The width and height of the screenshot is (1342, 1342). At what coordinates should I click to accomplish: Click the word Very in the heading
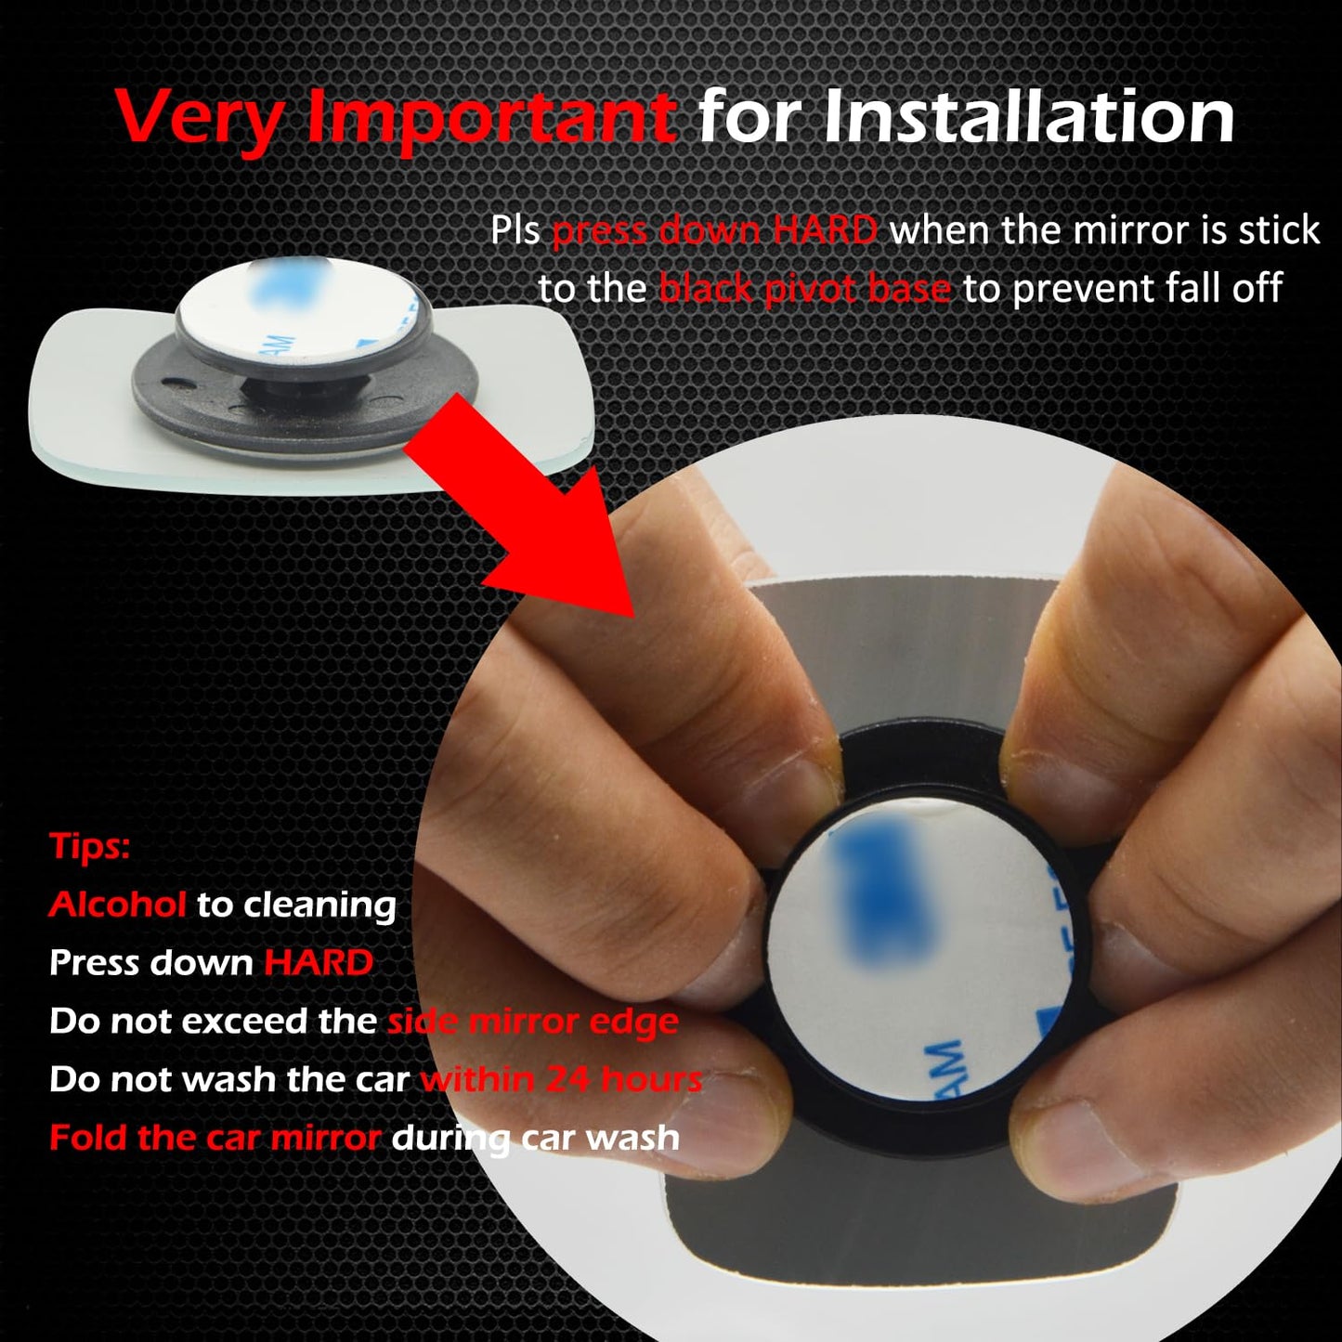point(201,118)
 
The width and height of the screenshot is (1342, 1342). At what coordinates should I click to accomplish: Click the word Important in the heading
point(490,118)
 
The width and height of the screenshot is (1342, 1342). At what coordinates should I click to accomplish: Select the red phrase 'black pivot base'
point(804,289)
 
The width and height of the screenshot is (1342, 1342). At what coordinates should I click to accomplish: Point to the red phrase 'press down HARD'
point(714,230)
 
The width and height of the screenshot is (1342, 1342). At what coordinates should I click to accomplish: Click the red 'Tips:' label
point(89,846)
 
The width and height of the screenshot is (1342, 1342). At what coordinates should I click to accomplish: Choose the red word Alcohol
point(117,905)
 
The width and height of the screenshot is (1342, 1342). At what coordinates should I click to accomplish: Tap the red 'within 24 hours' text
point(561,1079)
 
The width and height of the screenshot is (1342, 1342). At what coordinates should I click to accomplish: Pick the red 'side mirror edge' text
point(532,1022)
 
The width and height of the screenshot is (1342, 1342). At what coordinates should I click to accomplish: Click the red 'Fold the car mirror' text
point(215,1138)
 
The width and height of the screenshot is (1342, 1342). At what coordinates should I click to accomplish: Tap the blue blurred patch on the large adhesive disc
point(882,892)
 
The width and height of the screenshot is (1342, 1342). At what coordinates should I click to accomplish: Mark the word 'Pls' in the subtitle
point(515,230)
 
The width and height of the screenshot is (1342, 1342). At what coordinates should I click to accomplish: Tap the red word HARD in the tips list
point(319,963)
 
